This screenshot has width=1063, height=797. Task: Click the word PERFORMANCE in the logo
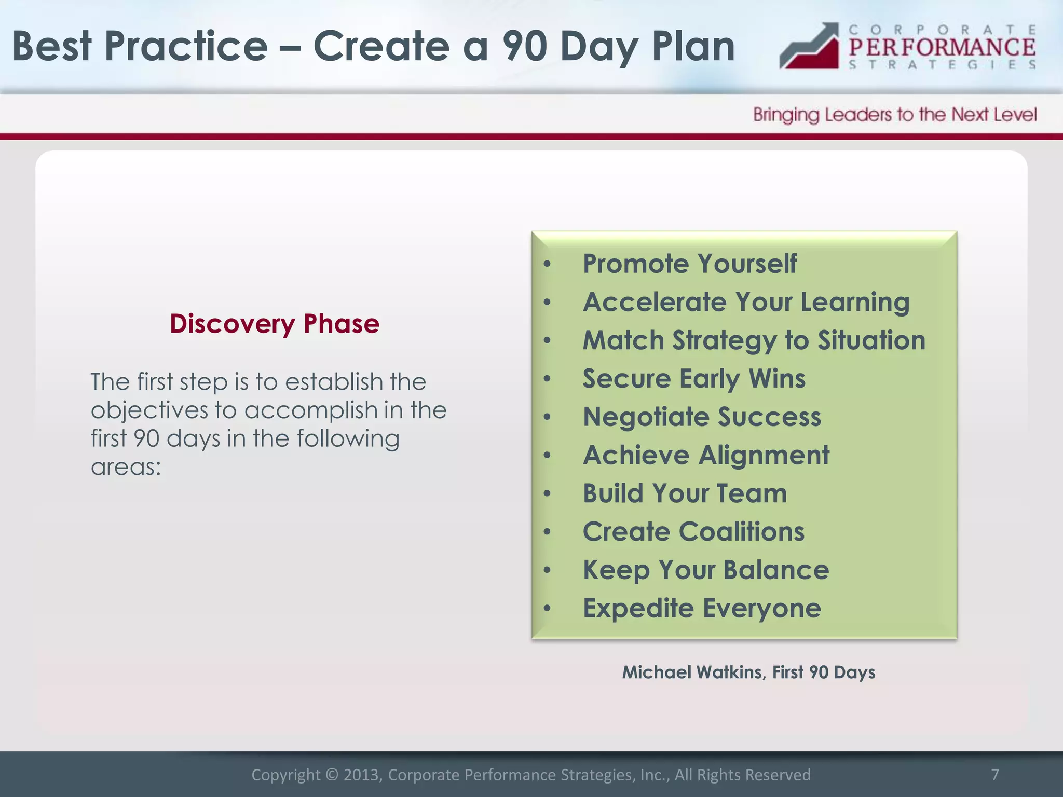tap(942, 47)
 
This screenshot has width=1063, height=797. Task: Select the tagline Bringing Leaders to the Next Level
tap(895, 115)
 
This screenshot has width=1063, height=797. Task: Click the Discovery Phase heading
tap(275, 324)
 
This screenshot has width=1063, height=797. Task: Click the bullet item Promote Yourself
tap(689, 264)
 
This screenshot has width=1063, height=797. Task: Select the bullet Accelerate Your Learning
tap(746, 302)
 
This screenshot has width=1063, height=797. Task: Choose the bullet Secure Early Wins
tap(693, 379)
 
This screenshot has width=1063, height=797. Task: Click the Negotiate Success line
tap(702, 417)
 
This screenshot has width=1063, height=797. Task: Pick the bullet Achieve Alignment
tap(706, 456)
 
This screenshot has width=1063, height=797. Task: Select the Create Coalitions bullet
tap(693, 532)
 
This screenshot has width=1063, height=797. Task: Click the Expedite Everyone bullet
tap(702, 608)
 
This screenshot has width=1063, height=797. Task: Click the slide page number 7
tap(994, 774)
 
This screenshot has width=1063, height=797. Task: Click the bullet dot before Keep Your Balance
tap(547, 571)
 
